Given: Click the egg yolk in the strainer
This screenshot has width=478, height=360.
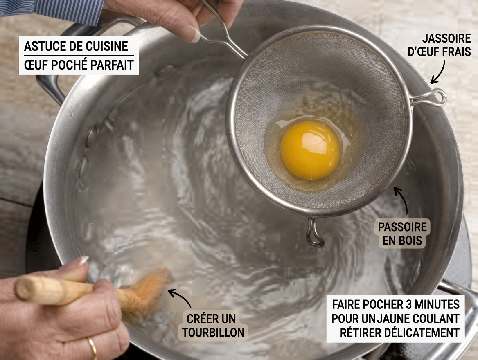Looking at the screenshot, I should [310, 150].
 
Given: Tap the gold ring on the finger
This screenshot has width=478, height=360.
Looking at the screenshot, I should [92, 347].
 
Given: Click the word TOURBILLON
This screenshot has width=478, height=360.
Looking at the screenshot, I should [213, 332].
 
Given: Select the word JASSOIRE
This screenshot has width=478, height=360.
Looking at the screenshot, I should [446, 39].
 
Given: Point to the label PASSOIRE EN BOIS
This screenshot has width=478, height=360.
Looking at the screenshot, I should [402, 234].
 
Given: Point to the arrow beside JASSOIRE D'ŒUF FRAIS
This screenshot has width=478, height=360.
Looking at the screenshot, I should [438, 74].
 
